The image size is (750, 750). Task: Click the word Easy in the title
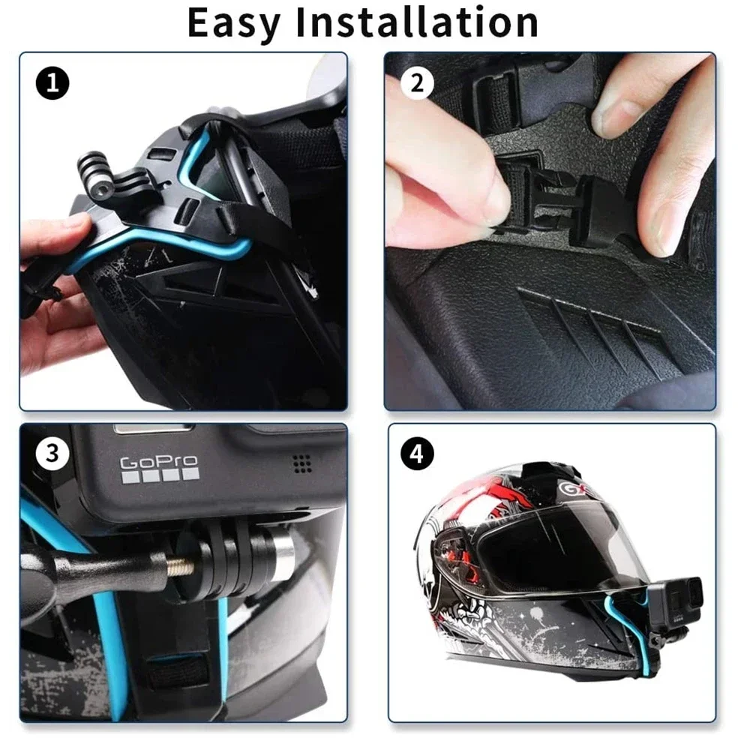(233, 22)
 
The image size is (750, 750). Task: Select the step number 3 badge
(52, 454)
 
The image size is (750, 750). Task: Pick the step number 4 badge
(417, 454)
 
